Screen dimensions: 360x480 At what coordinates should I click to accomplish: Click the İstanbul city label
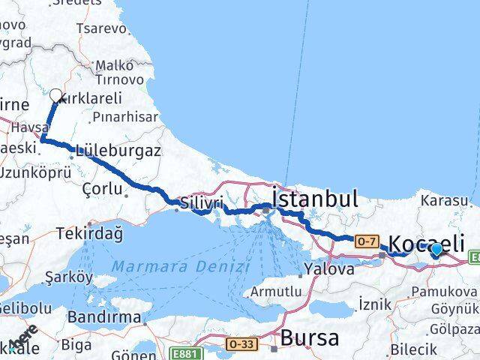(x=315, y=199)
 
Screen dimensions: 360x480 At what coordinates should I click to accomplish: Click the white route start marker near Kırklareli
(x=56, y=95)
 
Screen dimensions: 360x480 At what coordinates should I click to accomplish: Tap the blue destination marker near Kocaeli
(x=436, y=250)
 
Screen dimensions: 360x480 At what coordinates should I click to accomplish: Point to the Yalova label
(x=330, y=268)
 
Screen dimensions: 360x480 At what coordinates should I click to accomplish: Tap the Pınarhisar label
(x=125, y=118)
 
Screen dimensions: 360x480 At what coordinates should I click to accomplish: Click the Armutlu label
(x=277, y=291)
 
